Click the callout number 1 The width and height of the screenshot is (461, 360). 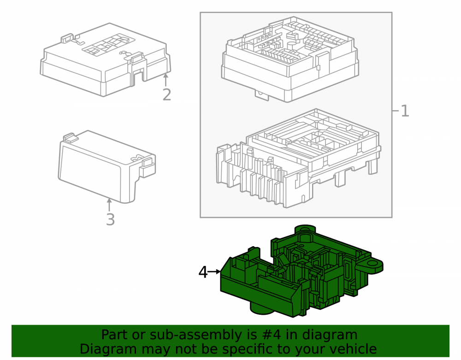click(405, 111)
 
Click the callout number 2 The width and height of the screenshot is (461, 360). click(167, 94)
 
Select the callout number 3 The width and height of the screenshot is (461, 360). click(110, 219)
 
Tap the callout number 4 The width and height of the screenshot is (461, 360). click(203, 272)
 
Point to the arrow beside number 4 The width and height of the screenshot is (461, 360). click(214, 272)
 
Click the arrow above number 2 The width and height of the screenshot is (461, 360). click(165, 80)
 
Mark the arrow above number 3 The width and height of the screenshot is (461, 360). click(109, 205)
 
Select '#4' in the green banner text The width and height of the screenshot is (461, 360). click(271, 335)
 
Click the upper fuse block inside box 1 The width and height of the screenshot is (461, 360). click(290, 59)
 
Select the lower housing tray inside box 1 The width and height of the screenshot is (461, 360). click(298, 159)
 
